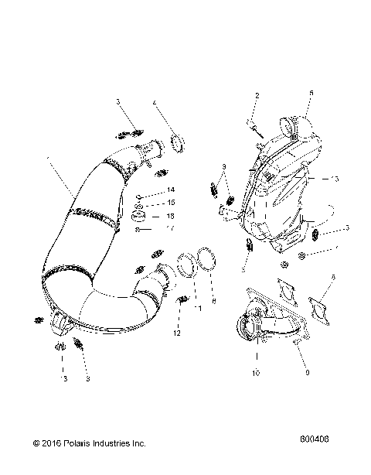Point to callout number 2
point(257,95)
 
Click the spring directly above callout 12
point(182,300)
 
